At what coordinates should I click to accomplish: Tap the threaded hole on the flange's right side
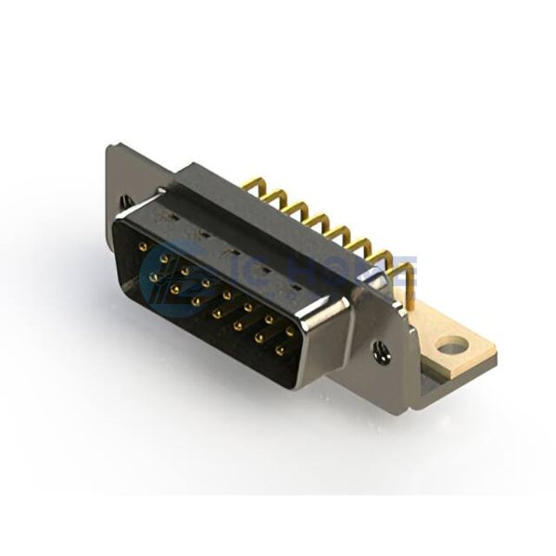(380, 351)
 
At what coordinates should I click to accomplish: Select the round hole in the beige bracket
(452, 347)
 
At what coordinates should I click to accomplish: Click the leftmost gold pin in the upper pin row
(142, 246)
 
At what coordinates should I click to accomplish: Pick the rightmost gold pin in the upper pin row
(290, 331)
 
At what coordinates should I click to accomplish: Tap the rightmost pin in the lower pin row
(279, 350)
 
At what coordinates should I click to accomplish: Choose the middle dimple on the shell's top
(233, 250)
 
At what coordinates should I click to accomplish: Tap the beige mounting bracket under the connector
(463, 357)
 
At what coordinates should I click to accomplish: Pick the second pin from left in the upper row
(163, 259)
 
